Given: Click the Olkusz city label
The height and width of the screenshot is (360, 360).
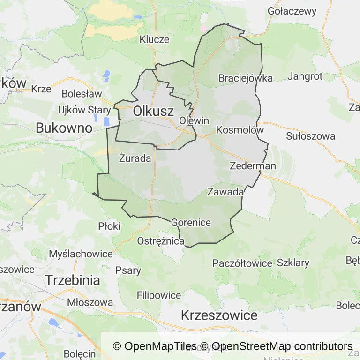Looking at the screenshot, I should [153, 112].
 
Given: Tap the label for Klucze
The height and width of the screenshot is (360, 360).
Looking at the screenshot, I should [154, 39].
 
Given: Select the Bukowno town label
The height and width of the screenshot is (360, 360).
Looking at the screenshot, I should [64, 127].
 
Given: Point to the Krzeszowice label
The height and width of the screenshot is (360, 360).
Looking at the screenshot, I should [219, 315].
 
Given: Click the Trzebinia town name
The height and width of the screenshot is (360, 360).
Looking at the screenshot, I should [73, 280].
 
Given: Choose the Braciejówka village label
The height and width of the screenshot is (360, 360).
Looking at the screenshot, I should [245, 78].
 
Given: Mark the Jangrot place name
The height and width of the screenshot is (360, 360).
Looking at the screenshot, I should [305, 76].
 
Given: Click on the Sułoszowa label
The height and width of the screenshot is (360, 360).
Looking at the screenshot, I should [311, 136].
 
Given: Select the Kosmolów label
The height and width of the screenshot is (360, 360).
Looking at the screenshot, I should [240, 130].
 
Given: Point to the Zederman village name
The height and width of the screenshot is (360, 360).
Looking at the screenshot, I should [253, 166].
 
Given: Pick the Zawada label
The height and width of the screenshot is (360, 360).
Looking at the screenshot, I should [225, 192].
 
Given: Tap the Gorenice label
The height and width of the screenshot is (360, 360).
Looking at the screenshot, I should [191, 222].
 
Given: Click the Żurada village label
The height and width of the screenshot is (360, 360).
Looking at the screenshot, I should [135, 158].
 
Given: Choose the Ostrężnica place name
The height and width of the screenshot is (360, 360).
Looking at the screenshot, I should [161, 241].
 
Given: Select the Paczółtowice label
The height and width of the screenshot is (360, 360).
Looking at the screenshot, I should [242, 263].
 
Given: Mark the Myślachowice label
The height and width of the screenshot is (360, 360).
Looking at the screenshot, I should [81, 254].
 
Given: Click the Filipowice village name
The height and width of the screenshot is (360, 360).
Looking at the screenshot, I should [159, 295].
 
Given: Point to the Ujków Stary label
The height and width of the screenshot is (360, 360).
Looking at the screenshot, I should [84, 110].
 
